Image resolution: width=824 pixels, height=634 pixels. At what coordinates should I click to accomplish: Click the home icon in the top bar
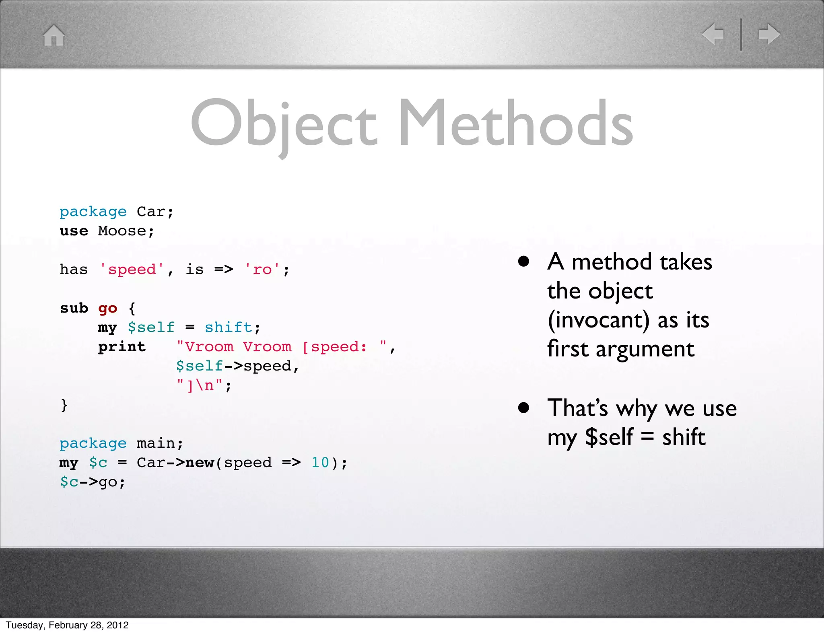pos(54,35)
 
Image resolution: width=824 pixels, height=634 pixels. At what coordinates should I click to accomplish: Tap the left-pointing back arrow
pos(713,34)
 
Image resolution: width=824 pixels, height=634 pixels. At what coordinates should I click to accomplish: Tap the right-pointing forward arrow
pos(769,34)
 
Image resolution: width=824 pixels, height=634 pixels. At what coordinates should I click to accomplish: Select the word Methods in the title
pos(515,123)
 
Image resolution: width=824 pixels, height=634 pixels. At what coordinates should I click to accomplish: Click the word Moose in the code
pos(122,231)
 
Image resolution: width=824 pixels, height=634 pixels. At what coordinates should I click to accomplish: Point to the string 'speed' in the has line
pos(132,269)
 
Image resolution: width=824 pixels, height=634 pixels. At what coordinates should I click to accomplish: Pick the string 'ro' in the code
pos(262,269)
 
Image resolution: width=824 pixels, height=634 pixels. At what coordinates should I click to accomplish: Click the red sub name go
pos(107,309)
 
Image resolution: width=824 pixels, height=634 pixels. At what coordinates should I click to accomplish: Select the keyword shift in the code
pos(229,327)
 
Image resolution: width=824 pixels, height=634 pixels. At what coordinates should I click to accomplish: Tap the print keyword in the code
pos(122,346)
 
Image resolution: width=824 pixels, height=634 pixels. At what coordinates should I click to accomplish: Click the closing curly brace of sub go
pos(64,404)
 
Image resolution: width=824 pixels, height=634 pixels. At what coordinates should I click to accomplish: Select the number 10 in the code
pos(320,462)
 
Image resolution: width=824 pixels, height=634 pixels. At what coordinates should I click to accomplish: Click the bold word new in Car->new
pos(200,462)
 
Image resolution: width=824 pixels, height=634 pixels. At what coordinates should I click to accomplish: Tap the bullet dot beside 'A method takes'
pos(523,262)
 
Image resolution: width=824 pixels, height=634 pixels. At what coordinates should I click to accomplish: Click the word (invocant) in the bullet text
pos(598,320)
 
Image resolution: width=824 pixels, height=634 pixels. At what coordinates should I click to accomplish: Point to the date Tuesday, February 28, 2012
pos(67,625)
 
